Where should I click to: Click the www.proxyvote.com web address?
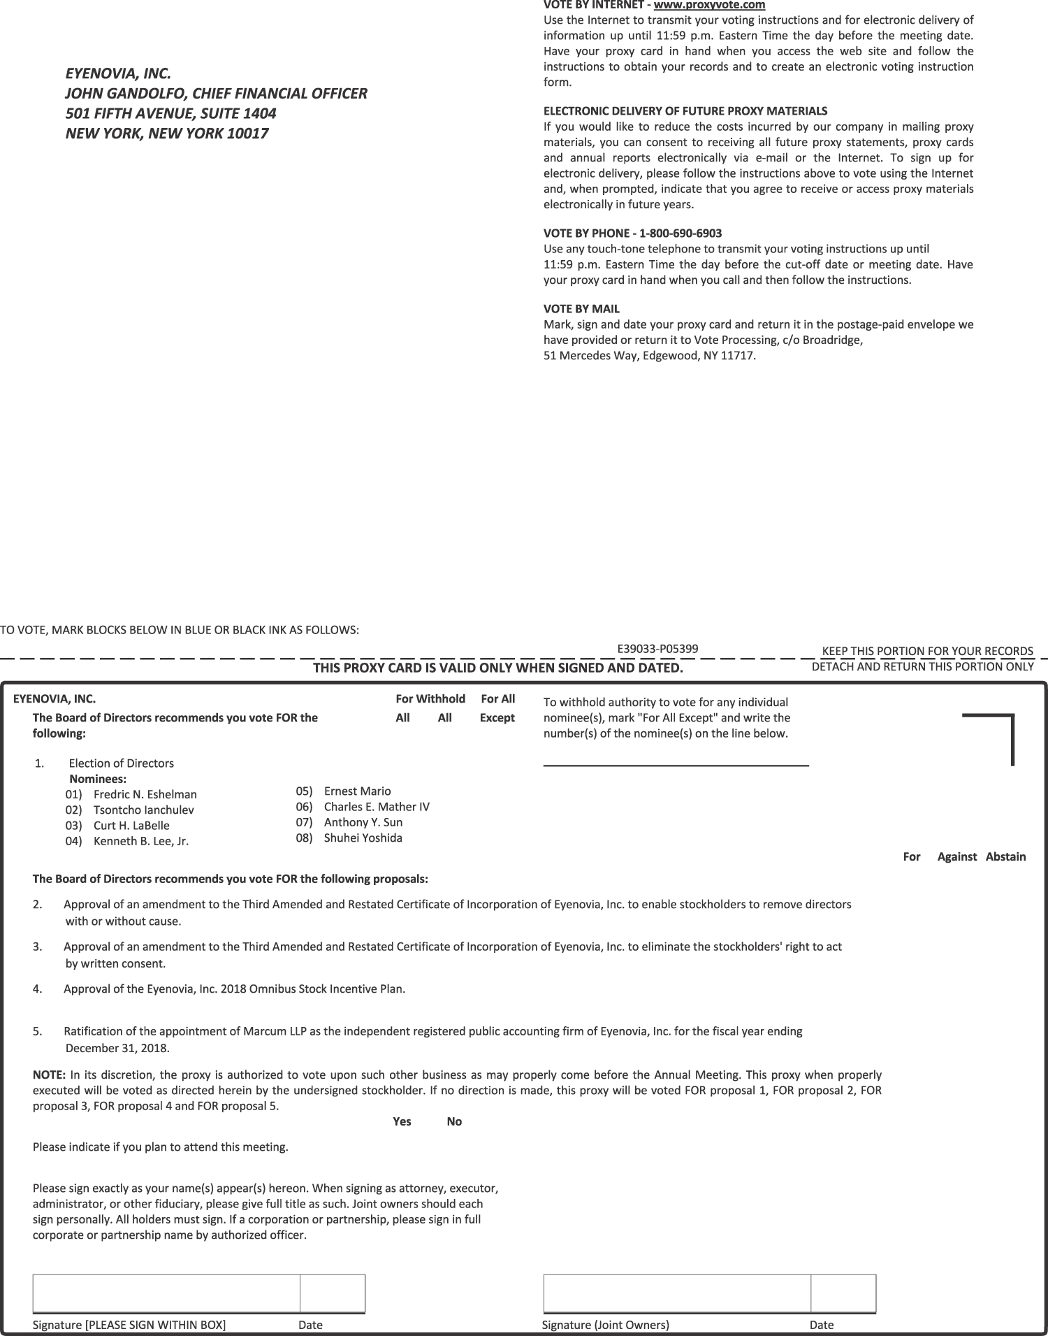pos(709,5)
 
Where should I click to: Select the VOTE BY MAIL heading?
pos(581,308)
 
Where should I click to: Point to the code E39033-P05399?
pos(657,648)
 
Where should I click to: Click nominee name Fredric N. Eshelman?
pos(145,794)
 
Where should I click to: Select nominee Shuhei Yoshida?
pos(363,838)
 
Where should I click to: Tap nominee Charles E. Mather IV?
pos(377,806)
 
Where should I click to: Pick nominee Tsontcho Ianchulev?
pos(143,810)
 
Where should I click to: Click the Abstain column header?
pos(1005,856)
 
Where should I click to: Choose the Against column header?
pos(956,856)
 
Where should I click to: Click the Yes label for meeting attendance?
pos(402,1121)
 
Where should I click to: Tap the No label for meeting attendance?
pos(454,1121)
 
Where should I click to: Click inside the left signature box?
pos(166,1293)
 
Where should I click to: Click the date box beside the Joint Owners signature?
pos(843,1293)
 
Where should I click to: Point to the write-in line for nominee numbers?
pos(676,765)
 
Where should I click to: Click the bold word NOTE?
pos(49,1075)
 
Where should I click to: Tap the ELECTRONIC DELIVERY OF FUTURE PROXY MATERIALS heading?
pos(685,110)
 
